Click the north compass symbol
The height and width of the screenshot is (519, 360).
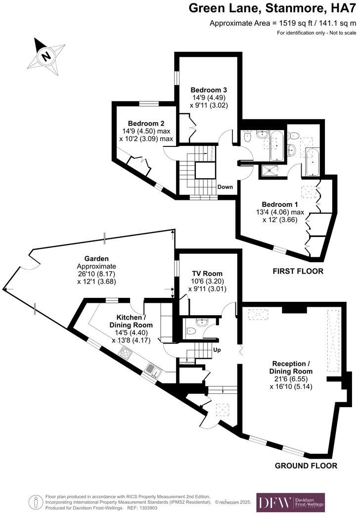click(x=46, y=55)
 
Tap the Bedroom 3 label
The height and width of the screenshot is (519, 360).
click(x=209, y=90)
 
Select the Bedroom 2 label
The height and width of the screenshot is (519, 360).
click(x=146, y=124)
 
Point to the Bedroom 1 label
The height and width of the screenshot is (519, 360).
click(x=280, y=204)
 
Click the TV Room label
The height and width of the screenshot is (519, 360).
click(x=207, y=273)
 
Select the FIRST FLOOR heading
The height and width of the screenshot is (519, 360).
click(x=298, y=271)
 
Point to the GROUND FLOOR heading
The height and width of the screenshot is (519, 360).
click(x=306, y=466)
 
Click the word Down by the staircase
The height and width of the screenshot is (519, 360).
click(x=225, y=187)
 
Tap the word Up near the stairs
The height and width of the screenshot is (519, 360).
click(x=216, y=350)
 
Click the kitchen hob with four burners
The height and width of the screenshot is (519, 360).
click(x=126, y=353)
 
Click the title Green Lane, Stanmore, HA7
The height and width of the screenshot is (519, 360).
click(x=273, y=8)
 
